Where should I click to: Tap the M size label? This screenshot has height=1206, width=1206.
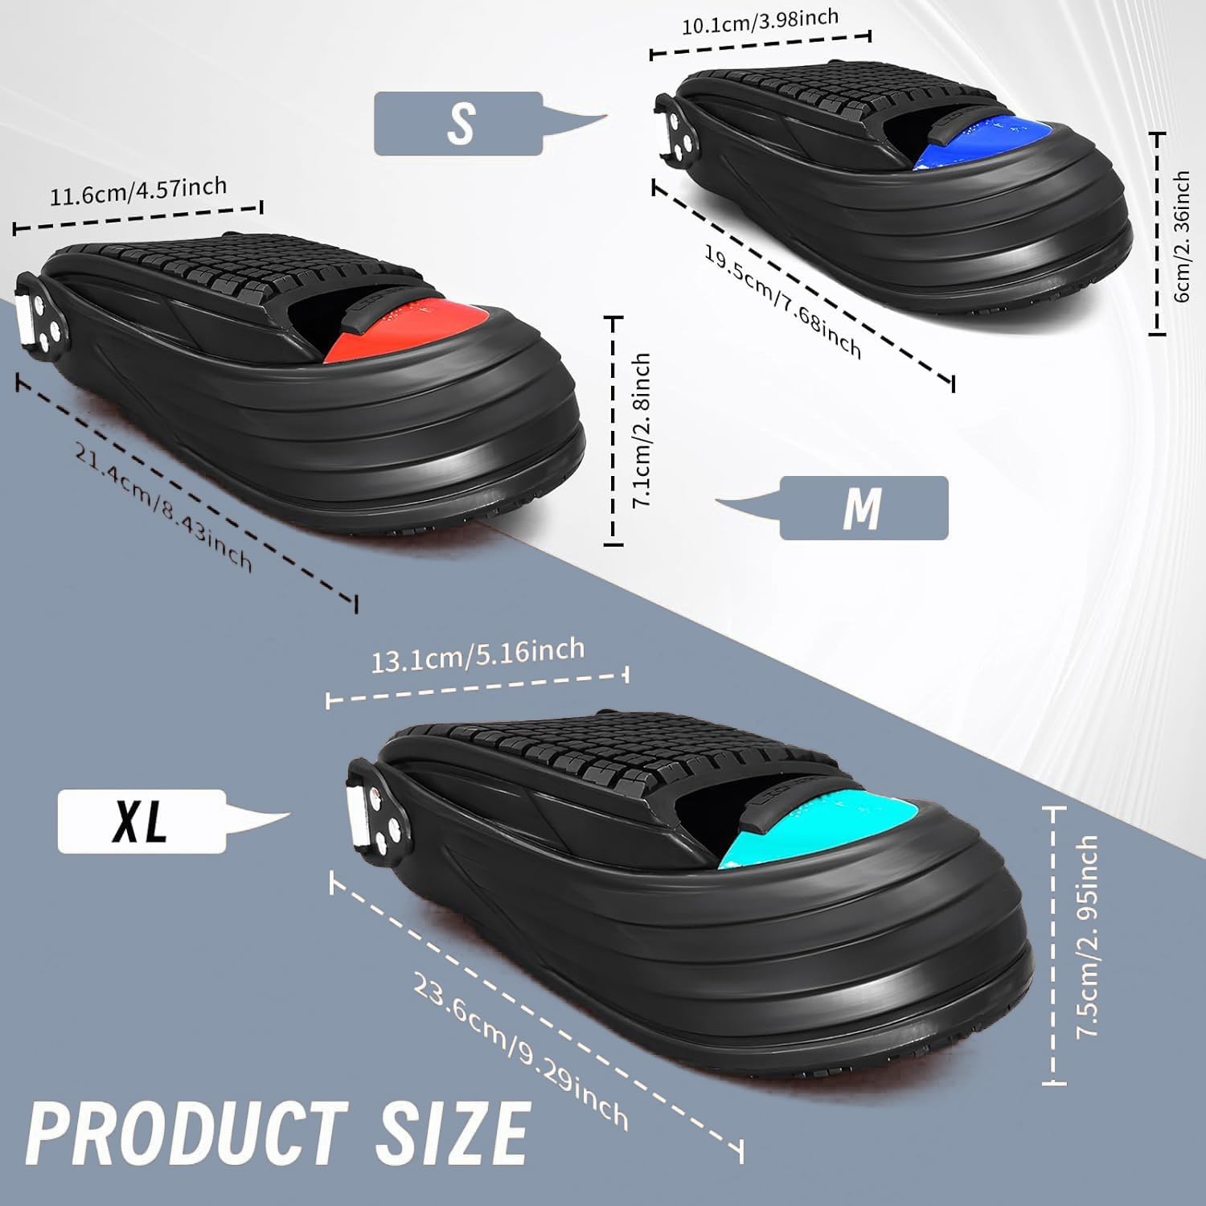tap(863, 508)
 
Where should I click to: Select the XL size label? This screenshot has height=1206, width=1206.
tap(141, 822)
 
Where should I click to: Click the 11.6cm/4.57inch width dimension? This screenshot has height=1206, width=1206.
tap(138, 192)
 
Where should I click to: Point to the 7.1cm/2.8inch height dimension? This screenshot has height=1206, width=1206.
tap(640, 430)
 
